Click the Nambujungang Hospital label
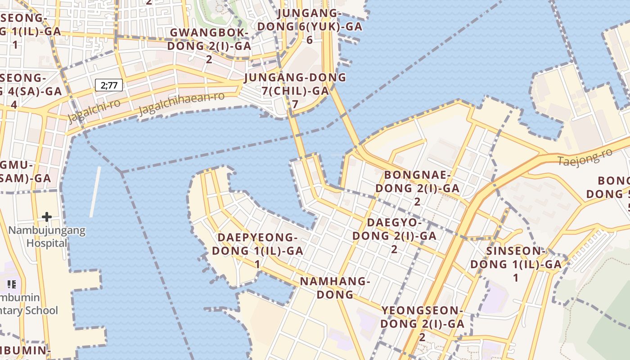point(47,237)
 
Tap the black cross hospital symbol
point(47,217)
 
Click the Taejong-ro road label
point(585,157)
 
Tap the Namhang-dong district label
point(335,288)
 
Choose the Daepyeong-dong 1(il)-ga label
point(257,244)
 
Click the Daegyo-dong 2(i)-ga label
point(394,229)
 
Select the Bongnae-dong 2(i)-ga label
point(417,181)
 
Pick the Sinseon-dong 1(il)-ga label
point(516,258)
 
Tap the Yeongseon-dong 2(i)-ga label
point(422,317)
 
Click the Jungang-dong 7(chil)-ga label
point(295,84)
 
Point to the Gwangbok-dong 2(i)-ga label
point(209,39)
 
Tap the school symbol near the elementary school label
point(12,284)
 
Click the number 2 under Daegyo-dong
point(394,249)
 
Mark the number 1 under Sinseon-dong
point(516,278)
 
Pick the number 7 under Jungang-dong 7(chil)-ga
point(295,104)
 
